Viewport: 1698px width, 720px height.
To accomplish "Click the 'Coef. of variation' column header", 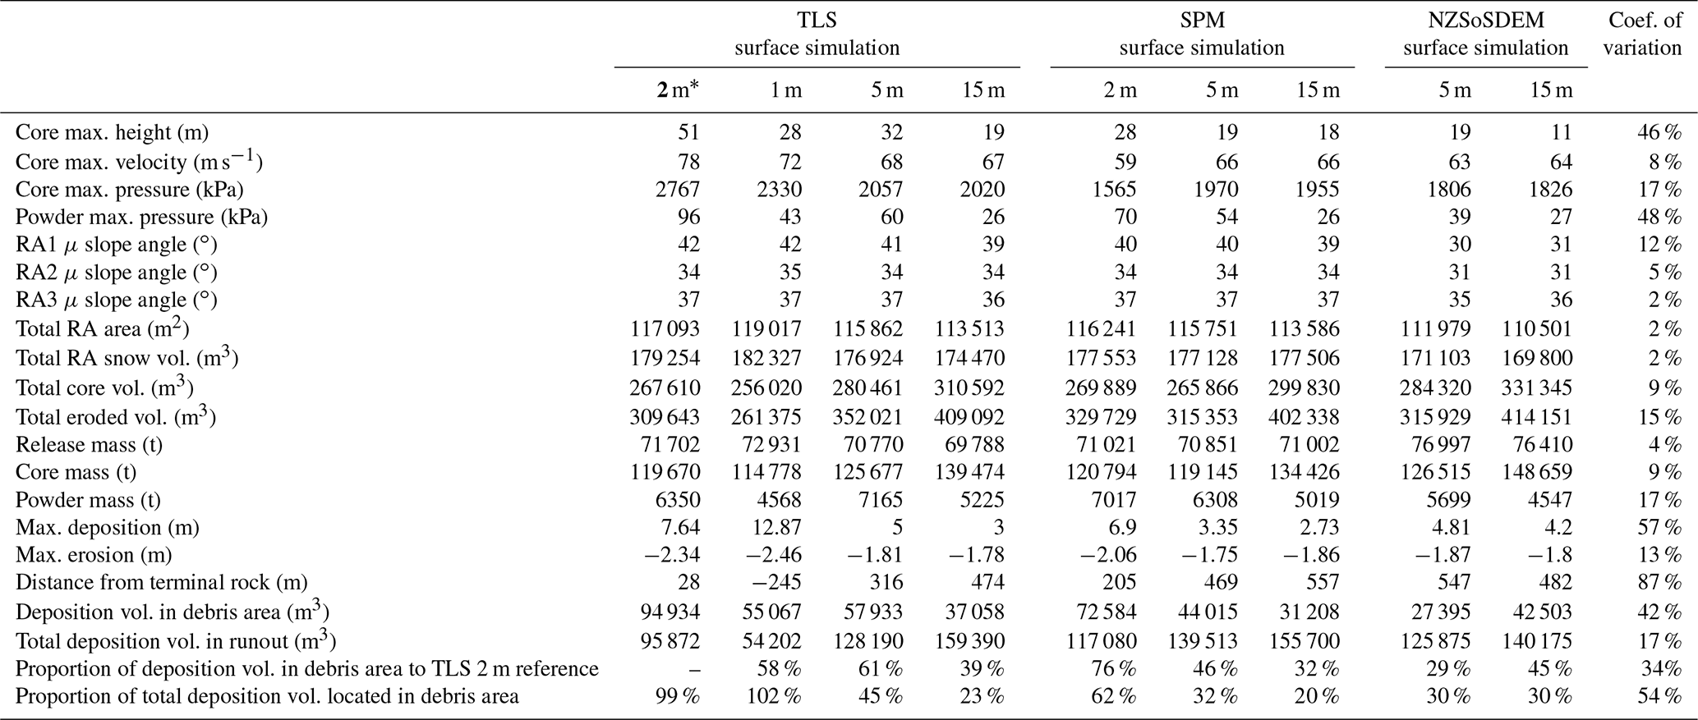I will (1641, 34).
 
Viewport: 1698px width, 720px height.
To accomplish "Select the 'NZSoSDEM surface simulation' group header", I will (1485, 34).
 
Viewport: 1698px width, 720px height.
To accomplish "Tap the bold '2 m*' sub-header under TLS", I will (678, 90).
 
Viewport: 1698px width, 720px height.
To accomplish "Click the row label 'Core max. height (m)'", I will (112, 132).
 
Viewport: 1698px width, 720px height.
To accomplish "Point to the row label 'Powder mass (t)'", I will (88, 500).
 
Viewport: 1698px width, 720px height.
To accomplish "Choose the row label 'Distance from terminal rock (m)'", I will (161, 583).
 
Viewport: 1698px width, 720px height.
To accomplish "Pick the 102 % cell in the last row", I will (774, 697).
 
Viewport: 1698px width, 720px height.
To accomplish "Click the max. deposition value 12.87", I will (774, 527).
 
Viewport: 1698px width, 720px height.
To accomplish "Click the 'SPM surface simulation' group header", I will (1201, 34).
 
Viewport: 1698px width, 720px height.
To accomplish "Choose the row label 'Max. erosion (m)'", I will (94, 555).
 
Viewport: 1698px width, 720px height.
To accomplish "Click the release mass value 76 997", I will (1436, 445).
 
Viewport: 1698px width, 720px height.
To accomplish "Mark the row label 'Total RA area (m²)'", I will (103, 329).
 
